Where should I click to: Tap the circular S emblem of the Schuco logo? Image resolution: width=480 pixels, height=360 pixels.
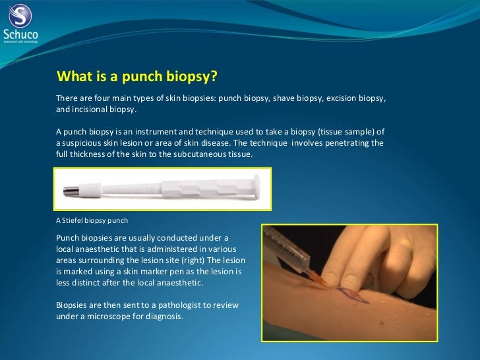(x=20, y=16)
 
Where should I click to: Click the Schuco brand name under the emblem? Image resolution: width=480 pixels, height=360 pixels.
(x=20, y=34)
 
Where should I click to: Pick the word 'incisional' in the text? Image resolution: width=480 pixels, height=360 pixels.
(x=90, y=109)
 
